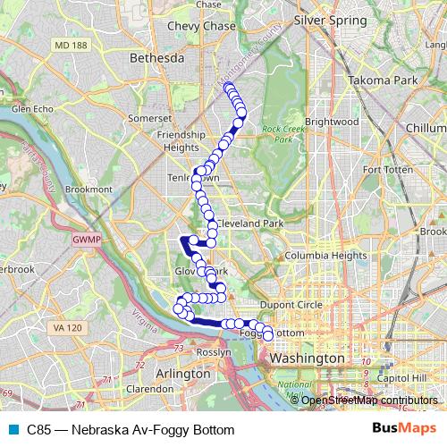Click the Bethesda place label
157,58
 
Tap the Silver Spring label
331,19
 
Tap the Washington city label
305,358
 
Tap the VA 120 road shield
67,328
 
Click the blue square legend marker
13,430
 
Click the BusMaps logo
404,430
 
